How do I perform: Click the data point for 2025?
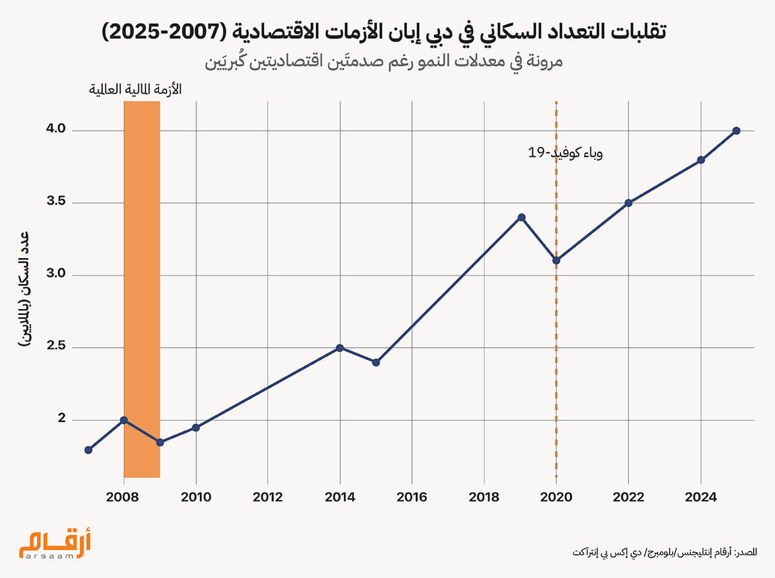736,131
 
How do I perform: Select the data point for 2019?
521,217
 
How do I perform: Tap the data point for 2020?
556,261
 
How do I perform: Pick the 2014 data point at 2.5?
340,348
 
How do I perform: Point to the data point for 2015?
376,362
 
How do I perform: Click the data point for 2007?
88,450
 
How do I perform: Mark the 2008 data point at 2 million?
124,420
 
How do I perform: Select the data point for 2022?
628,203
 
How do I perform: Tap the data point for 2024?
701,160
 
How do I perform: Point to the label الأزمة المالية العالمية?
135,89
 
